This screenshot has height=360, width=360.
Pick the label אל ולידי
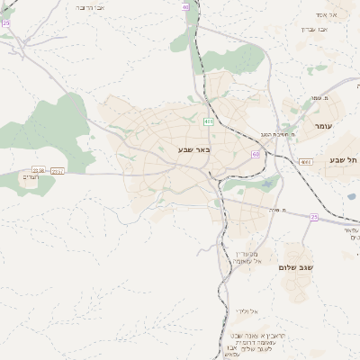point(246,310)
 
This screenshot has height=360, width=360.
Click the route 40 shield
point(185,6)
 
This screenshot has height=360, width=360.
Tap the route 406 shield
point(209,121)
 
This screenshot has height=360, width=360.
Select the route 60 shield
point(256,154)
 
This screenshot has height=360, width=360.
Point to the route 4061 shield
point(306,162)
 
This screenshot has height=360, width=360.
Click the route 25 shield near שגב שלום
point(314,216)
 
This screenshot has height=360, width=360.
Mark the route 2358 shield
point(39,169)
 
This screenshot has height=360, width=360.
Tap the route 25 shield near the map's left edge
point(5,23)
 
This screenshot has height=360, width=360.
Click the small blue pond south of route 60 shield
point(267,184)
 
